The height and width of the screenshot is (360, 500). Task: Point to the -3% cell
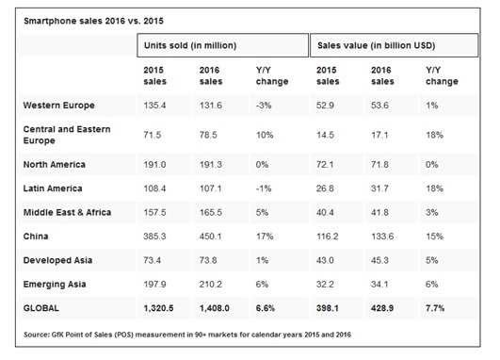point(265,105)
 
